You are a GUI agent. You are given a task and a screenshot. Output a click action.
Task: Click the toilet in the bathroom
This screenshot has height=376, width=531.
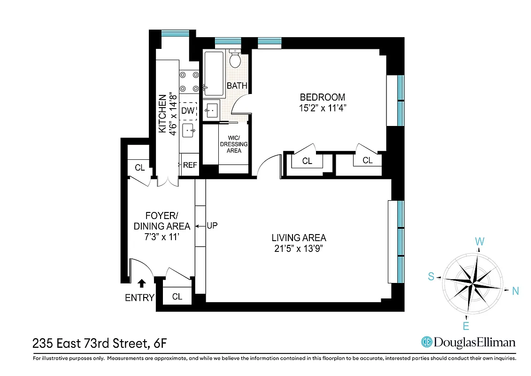pyautogui.click(x=236, y=60)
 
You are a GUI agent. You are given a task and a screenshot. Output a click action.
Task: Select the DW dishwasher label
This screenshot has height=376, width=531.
pyautogui.click(x=187, y=111)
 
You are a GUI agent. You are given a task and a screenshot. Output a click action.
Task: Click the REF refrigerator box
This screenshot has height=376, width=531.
pyautogui.click(x=190, y=165)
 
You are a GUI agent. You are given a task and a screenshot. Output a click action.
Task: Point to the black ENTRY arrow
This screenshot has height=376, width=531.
pyautogui.click(x=141, y=283)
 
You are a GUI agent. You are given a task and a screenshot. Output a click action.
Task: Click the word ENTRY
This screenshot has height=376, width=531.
pyautogui.click(x=139, y=298)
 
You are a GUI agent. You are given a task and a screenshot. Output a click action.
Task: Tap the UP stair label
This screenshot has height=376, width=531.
pyautogui.click(x=212, y=226)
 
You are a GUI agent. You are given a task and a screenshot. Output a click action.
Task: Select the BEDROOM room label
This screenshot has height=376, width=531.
pyautogui.click(x=322, y=97)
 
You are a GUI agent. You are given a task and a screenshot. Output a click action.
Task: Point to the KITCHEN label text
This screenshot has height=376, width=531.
pyautogui.click(x=162, y=114)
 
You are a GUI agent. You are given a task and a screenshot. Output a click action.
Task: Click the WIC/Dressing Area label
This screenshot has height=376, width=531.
pyautogui.click(x=234, y=144)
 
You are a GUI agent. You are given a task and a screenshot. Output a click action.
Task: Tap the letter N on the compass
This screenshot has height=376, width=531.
pyautogui.click(x=515, y=291)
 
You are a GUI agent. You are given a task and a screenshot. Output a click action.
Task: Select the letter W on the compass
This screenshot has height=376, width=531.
pyautogui.click(x=479, y=242)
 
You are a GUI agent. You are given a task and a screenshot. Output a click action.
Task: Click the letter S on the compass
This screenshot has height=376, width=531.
pyautogui.click(x=431, y=277)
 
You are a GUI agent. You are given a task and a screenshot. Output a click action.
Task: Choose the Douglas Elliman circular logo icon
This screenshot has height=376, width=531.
pyautogui.click(x=427, y=342)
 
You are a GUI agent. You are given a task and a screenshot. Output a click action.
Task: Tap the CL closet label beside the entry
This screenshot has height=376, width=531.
pyautogui.click(x=177, y=297)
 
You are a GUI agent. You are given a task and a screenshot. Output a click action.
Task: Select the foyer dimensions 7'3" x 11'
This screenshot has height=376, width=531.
pyautogui.click(x=162, y=237)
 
